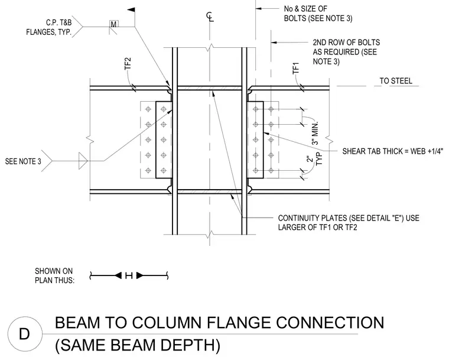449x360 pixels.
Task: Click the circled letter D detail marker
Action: click(25, 334)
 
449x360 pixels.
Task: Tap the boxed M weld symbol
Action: click(113, 24)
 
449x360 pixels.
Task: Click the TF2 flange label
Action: click(128, 64)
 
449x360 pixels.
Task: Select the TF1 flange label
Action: click(296, 68)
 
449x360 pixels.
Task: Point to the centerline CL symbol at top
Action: click(210, 17)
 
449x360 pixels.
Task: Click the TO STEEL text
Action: click(396, 81)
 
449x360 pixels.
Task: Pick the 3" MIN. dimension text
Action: click(315, 133)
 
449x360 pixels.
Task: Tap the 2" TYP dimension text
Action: click(314, 160)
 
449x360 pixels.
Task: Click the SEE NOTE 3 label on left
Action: click(23, 161)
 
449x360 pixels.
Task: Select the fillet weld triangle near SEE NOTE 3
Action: click(83, 161)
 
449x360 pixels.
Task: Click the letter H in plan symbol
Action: click(129, 275)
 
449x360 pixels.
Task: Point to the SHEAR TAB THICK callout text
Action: click(393, 151)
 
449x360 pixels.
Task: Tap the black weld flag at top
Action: click(131, 10)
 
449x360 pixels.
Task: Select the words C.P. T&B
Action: click(58, 22)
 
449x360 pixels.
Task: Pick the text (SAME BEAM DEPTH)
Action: click(138, 345)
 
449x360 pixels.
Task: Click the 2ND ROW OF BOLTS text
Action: click(346, 43)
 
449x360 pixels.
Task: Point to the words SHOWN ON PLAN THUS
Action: click(54, 275)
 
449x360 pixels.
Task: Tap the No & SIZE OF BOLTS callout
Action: click(318, 14)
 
